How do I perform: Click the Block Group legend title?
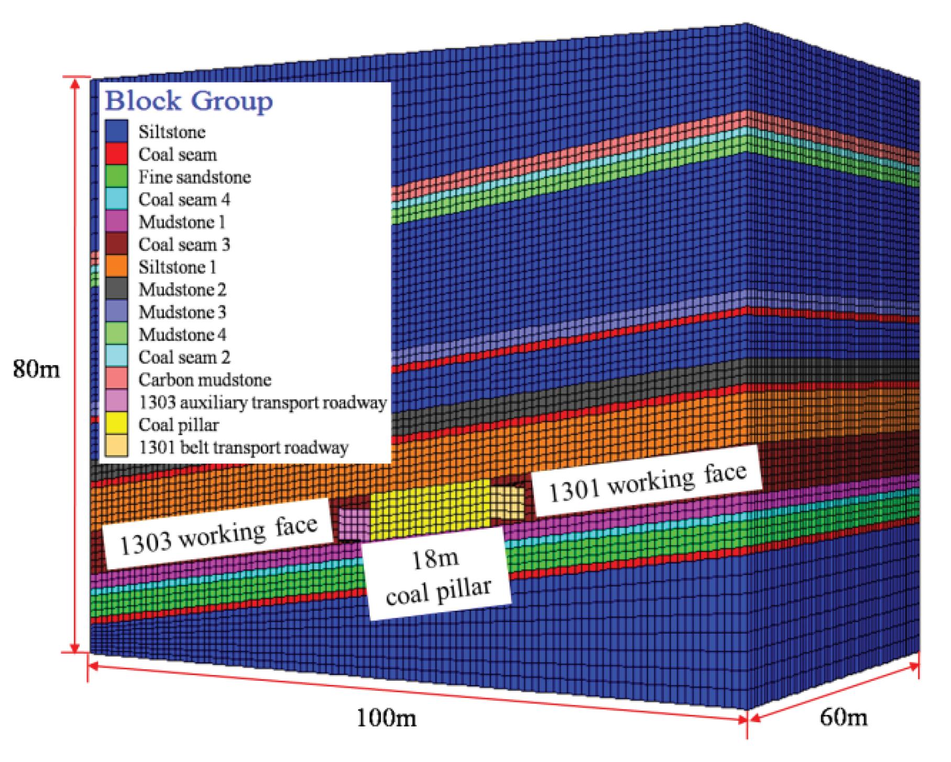click(x=189, y=101)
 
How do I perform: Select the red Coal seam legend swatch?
click(x=116, y=154)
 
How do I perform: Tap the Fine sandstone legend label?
click(x=194, y=177)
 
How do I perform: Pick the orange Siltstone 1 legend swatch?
click(x=116, y=267)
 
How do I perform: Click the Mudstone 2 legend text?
click(x=182, y=290)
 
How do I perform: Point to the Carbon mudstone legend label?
click(x=205, y=380)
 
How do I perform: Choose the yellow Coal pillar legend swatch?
click(x=116, y=424)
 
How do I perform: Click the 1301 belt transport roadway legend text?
click(x=244, y=448)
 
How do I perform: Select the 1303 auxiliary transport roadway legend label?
click(x=263, y=403)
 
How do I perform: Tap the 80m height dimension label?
click(x=36, y=369)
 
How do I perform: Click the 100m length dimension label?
click(x=387, y=717)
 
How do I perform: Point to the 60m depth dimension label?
click(x=843, y=717)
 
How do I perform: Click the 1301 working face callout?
click(x=647, y=481)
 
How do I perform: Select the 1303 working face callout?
click(x=218, y=534)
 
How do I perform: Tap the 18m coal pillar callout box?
click(x=437, y=575)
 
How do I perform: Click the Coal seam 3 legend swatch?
click(x=116, y=244)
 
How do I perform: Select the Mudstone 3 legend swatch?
click(x=116, y=312)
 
